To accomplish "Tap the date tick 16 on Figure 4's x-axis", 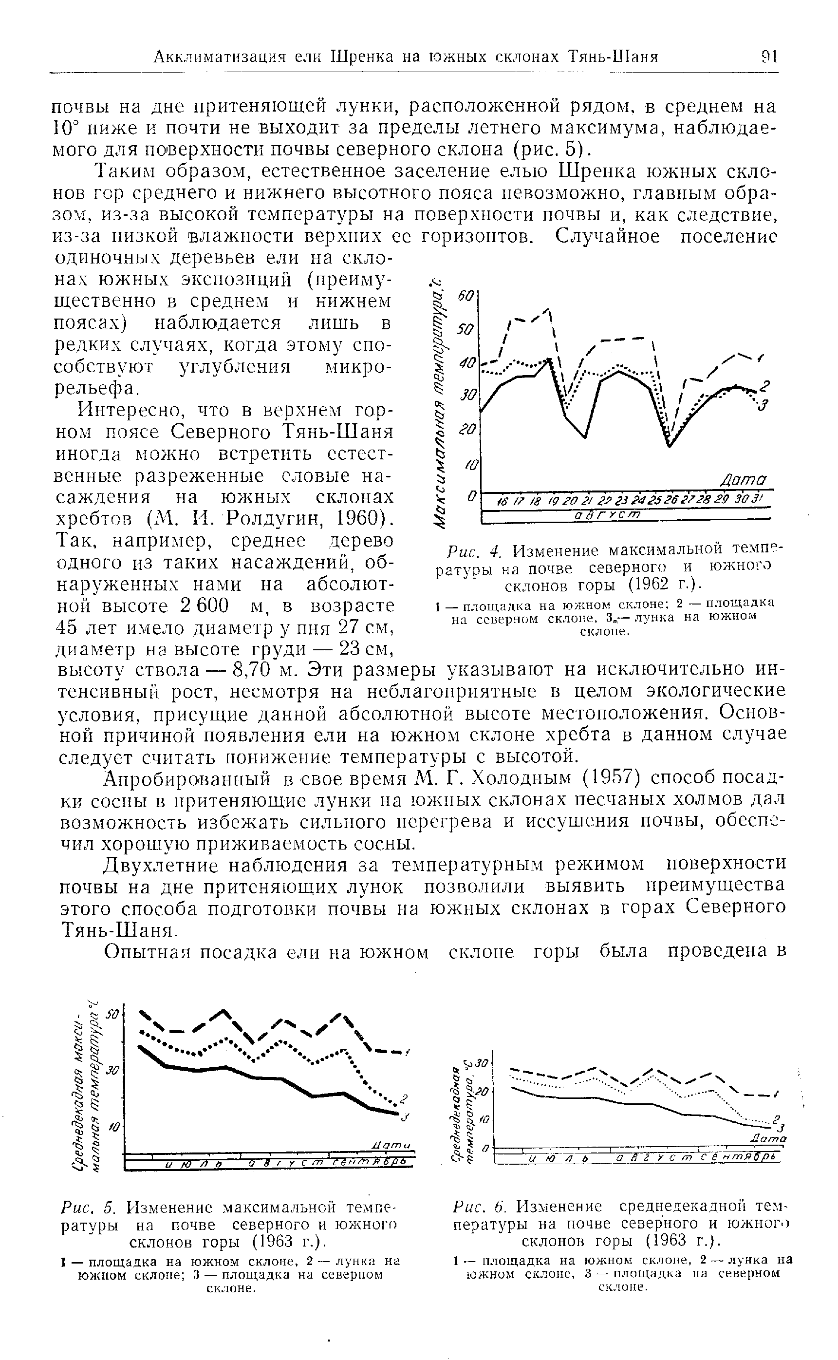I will [502, 502].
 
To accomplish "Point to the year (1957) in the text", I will [610, 779].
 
